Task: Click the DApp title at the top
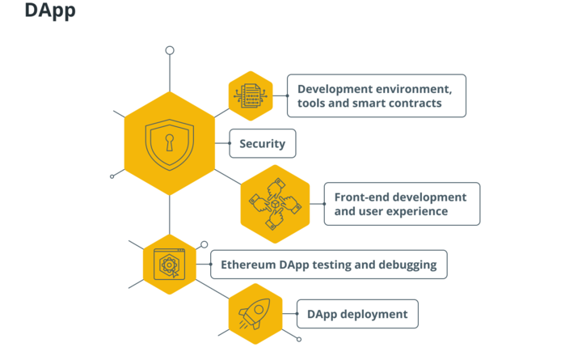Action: tap(50, 11)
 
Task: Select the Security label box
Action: tap(263, 144)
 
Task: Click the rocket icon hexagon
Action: tap(255, 314)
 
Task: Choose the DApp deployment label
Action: tap(357, 314)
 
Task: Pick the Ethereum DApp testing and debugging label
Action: tap(328, 265)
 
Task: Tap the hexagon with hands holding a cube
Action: tap(275, 205)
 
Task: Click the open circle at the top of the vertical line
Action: tap(170, 50)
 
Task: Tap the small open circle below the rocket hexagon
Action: tap(299, 339)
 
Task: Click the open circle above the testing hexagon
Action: tap(205, 244)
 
